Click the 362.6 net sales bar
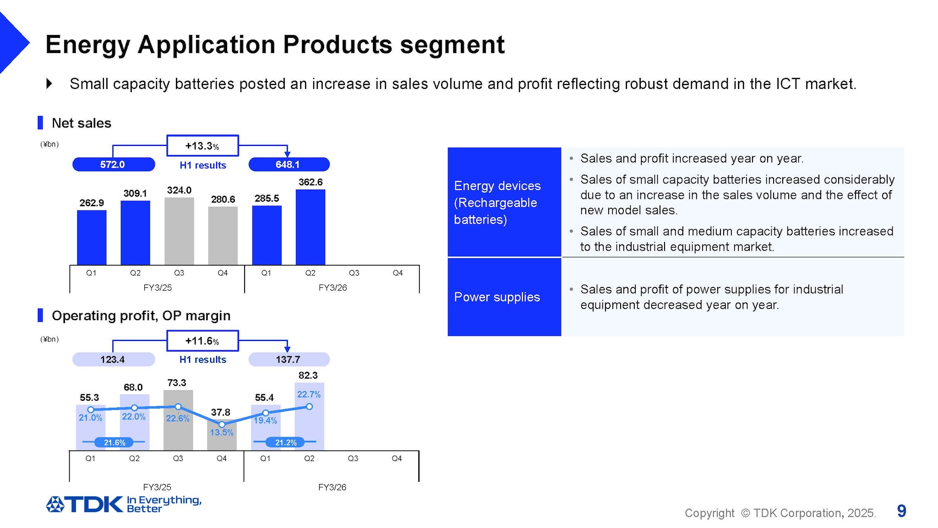310,227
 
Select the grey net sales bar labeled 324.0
179,231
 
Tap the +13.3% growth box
202,146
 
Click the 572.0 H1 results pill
113,165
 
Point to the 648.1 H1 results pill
289,165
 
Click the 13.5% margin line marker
222,424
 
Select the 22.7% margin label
309,394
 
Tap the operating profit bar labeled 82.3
309,426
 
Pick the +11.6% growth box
202,341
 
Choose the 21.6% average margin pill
114,442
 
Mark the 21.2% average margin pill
285,442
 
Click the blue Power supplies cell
504,297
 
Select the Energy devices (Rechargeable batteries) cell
504,202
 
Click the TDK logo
85,504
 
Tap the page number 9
901,511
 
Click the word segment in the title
452,45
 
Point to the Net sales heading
81,123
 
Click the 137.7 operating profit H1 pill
289,359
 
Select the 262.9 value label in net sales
92,203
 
